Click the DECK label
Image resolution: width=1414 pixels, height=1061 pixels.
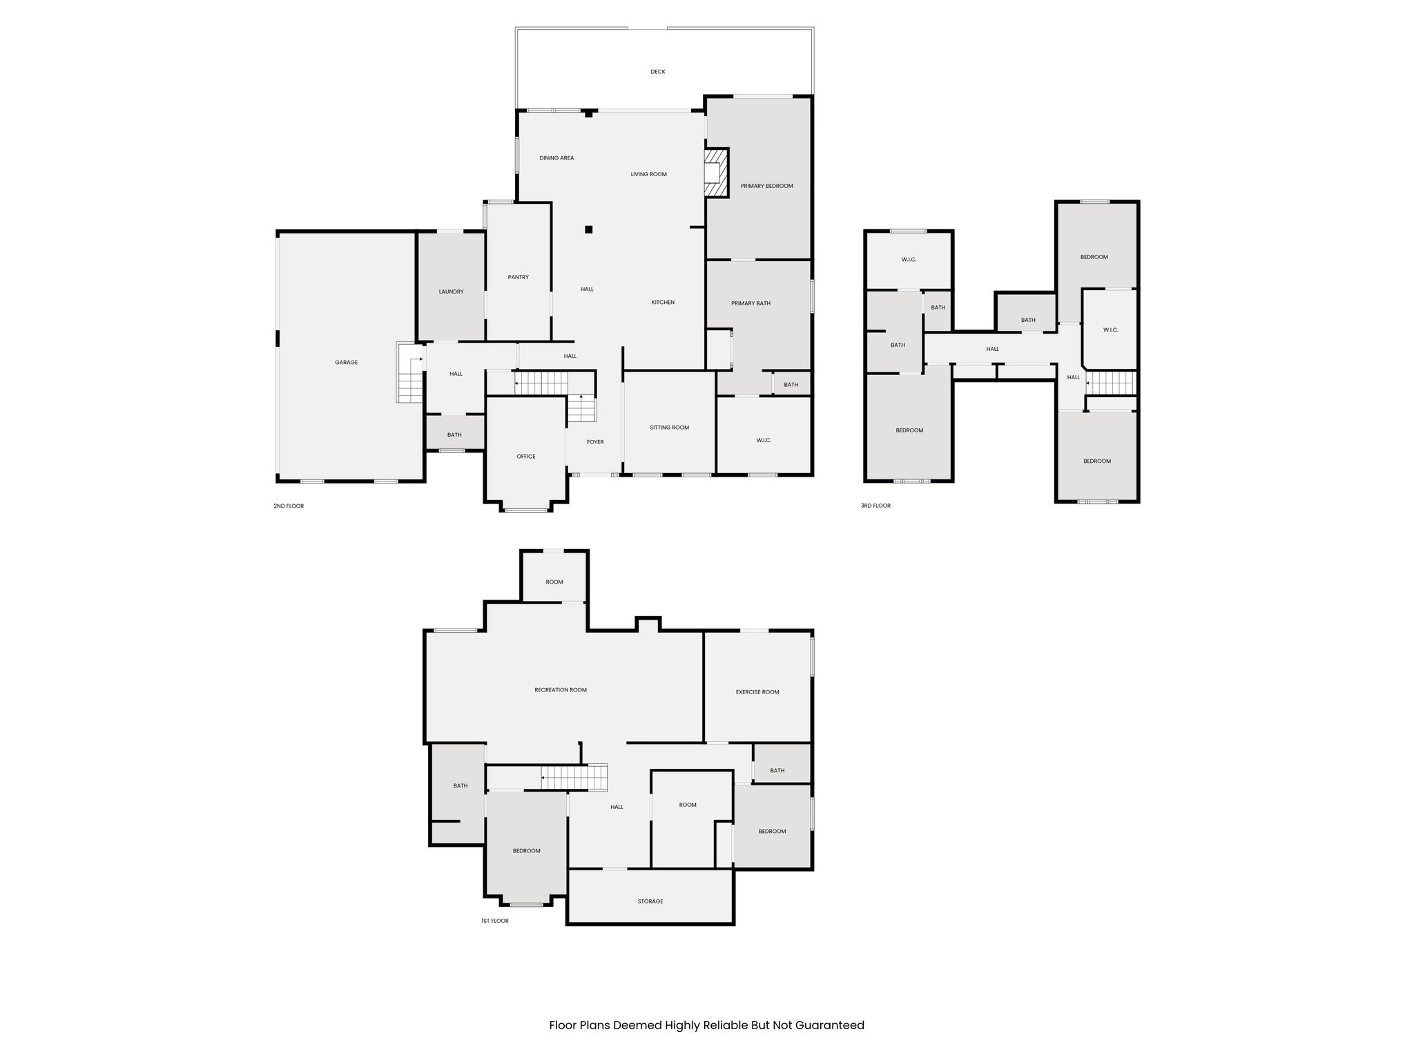(x=657, y=72)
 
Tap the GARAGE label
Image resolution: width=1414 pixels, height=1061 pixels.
(x=346, y=363)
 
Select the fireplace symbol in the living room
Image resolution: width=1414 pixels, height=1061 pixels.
(x=716, y=173)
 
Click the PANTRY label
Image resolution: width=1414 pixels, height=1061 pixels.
(x=518, y=278)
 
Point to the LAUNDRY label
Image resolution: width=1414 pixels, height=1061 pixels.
(x=451, y=292)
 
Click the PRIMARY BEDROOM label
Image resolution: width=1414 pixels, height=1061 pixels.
(x=766, y=187)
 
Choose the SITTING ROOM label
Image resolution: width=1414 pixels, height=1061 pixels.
(x=669, y=428)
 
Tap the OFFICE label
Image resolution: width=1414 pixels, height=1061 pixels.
(x=525, y=457)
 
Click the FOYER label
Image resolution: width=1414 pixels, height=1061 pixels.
(x=594, y=442)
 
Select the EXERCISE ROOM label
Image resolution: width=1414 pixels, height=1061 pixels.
(x=757, y=692)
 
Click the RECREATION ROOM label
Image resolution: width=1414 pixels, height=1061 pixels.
(x=560, y=690)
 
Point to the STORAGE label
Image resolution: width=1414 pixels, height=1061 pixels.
(x=650, y=901)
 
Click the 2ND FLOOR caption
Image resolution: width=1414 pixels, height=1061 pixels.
(x=288, y=506)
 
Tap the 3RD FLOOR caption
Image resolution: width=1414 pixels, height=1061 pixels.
(x=875, y=506)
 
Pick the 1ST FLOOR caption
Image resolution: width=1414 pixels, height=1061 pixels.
(x=494, y=921)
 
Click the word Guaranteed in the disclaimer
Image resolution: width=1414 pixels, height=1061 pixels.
(x=829, y=1025)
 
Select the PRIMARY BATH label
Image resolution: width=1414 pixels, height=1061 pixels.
(x=750, y=304)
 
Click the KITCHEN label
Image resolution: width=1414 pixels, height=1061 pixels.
(x=663, y=303)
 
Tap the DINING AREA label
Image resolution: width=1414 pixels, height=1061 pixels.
(x=556, y=158)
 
